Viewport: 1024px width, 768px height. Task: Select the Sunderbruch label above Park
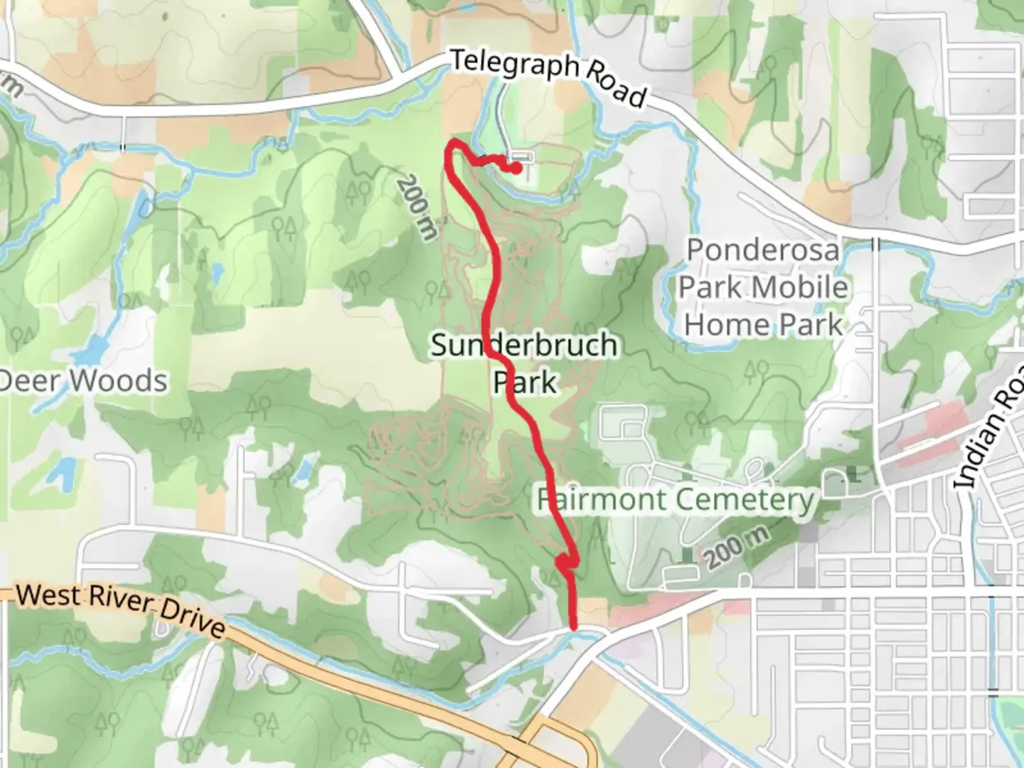click(x=524, y=346)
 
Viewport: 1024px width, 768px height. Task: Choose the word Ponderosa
click(x=762, y=250)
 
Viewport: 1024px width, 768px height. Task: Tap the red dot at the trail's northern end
click(x=516, y=168)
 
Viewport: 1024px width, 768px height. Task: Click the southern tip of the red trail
click(x=573, y=626)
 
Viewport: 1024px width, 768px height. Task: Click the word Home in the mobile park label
click(x=727, y=325)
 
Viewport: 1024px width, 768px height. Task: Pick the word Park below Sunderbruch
click(x=526, y=383)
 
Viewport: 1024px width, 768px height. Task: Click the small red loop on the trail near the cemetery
click(x=565, y=562)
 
